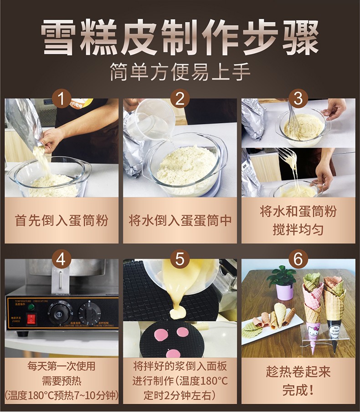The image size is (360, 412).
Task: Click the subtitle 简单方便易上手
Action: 180,71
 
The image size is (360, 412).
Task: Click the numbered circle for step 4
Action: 62,259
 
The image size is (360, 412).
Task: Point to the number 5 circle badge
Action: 180,259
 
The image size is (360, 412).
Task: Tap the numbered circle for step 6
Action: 298,259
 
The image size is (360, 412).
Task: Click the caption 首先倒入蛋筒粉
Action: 62,221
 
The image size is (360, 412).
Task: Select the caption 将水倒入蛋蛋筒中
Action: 180,221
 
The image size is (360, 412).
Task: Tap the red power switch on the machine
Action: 31,319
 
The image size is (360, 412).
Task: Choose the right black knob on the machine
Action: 89,314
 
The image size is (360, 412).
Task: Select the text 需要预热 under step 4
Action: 62,381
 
